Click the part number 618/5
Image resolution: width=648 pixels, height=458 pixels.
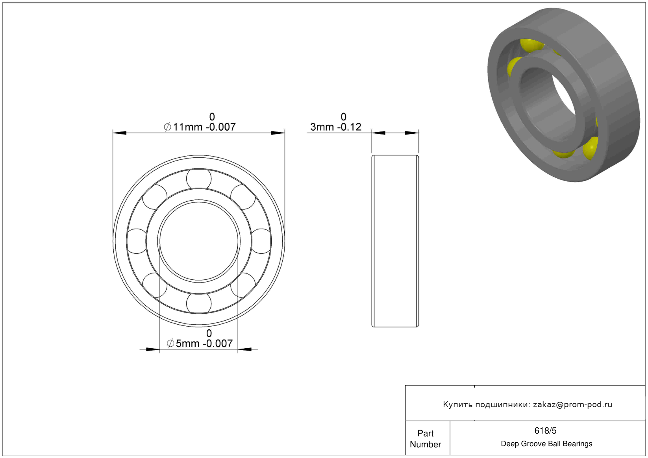tap(545, 431)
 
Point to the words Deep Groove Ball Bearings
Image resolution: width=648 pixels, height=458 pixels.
tap(546, 444)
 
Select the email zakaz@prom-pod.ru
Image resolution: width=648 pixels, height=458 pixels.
tap(572, 404)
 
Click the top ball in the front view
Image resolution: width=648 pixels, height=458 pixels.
tap(199, 179)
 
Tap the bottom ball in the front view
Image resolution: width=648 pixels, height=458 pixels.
tap(199, 303)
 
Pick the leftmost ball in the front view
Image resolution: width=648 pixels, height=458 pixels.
tap(137, 241)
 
